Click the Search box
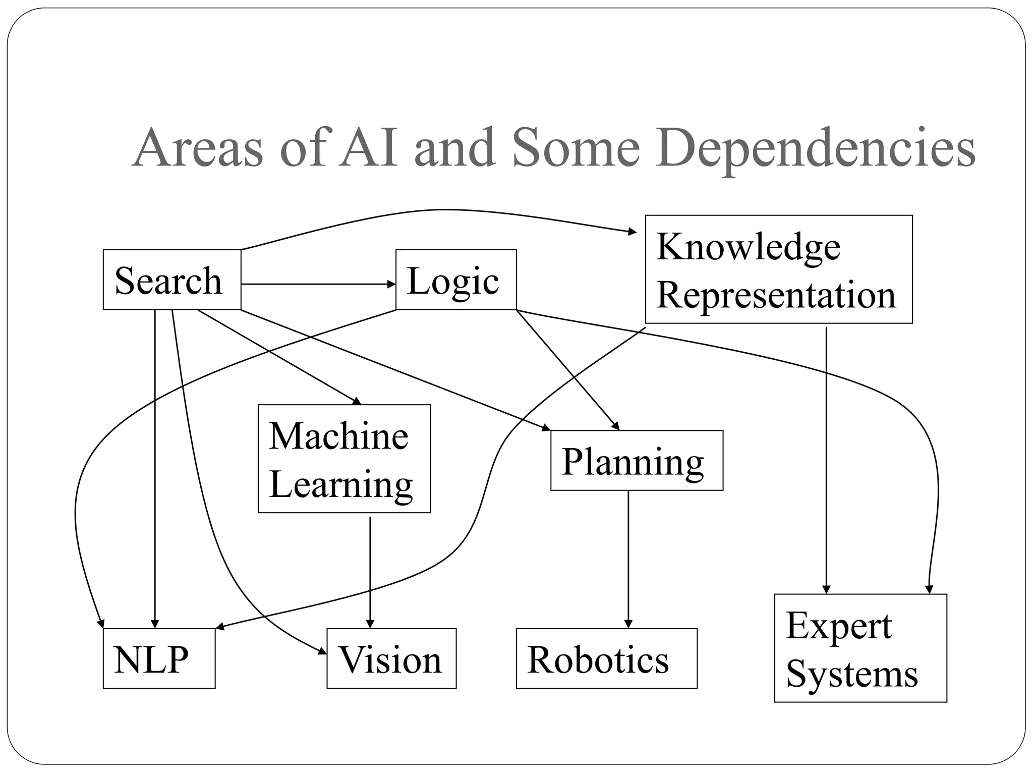[x=171, y=280]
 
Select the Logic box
[x=455, y=280]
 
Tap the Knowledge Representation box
[x=778, y=269]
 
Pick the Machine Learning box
[x=344, y=459]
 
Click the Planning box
[x=637, y=460]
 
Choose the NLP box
[x=159, y=658]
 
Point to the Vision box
[x=391, y=658]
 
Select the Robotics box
[x=606, y=658]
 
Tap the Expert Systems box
[x=860, y=648]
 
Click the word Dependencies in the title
[x=815, y=148]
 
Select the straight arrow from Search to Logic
[x=318, y=285]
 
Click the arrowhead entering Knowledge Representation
[x=633, y=232]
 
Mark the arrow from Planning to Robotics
[x=628, y=560]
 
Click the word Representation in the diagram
[x=776, y=295]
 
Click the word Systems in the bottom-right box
[x=852, y=674]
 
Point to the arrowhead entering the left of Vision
[x=322, y=652]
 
